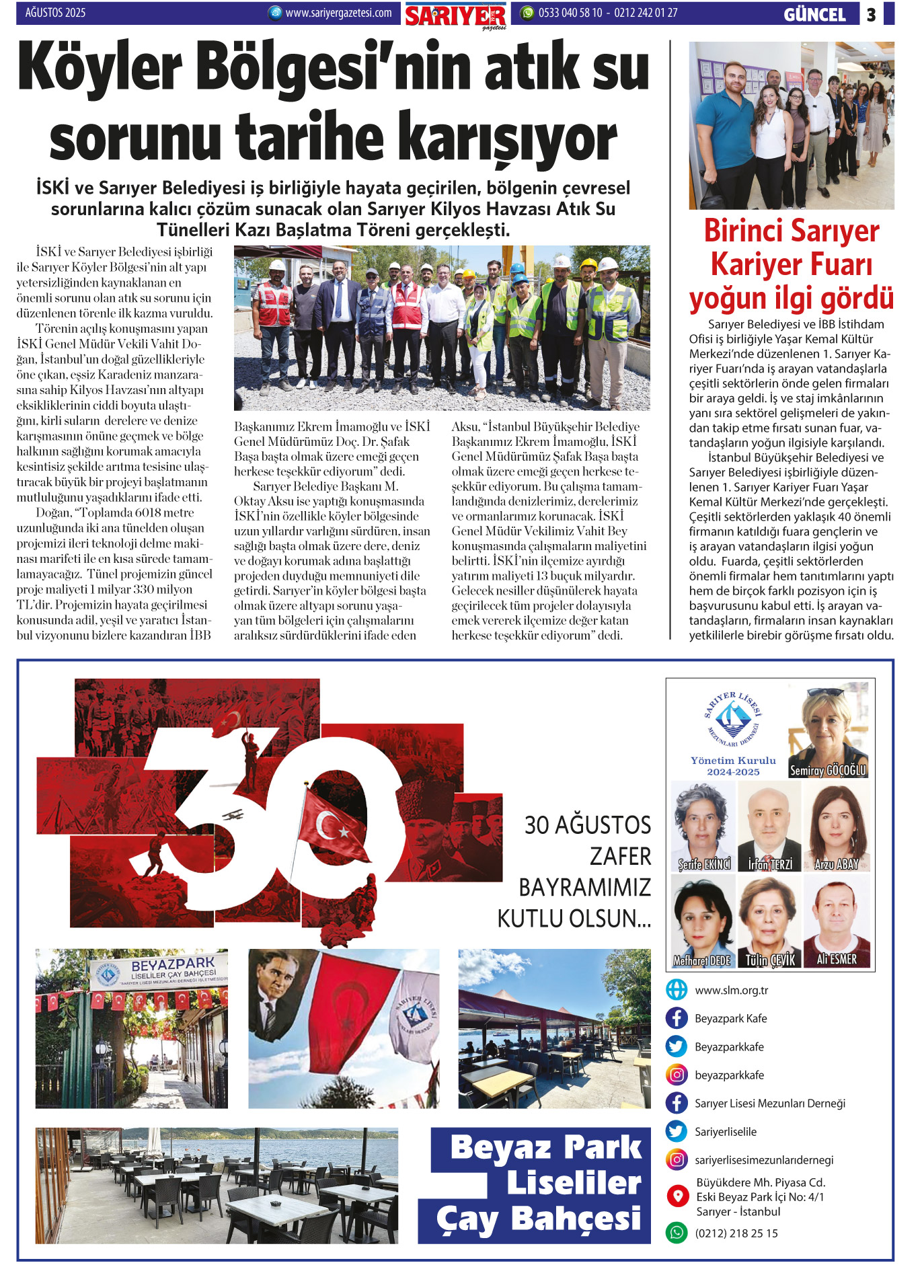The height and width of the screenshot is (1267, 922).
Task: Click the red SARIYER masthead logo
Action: click(455, 15)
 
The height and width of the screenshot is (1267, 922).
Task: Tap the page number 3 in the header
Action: click(871, 14)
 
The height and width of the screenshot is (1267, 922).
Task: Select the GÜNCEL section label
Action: click(814, 14)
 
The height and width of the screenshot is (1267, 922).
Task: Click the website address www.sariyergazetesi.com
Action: click(338, 13)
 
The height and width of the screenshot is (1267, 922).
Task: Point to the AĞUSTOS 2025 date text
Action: click(55, 13)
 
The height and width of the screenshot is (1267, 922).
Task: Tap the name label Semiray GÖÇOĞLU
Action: click(828, 770)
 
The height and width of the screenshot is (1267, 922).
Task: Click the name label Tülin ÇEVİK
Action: click(770, 960)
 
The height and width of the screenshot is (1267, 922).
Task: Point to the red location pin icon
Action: click(677, 1196)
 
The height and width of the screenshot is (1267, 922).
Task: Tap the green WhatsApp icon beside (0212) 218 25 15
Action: click(677, 1233)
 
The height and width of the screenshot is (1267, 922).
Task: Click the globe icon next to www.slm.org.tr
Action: click(677, 990)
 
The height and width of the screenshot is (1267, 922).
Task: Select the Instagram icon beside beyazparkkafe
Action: click(677, 1075)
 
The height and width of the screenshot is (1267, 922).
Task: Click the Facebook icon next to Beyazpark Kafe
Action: click(677, 1018)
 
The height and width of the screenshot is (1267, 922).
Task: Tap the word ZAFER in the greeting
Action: click(620, 857)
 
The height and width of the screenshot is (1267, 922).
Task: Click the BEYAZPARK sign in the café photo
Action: click(173, 964)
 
